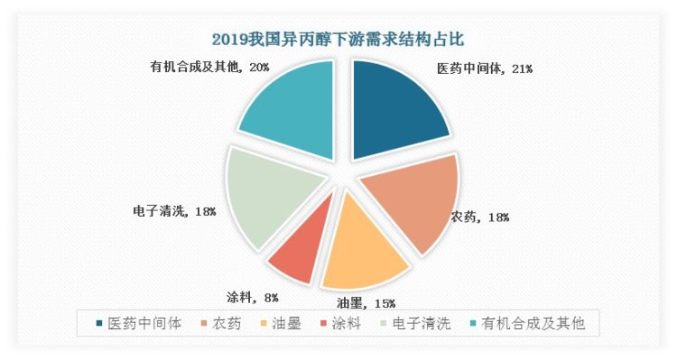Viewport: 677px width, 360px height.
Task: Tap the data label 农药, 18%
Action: click(x=480, y=217)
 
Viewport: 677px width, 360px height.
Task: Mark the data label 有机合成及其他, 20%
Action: click(x=209, y=67)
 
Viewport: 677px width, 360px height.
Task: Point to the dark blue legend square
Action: click(x=96, y=323)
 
